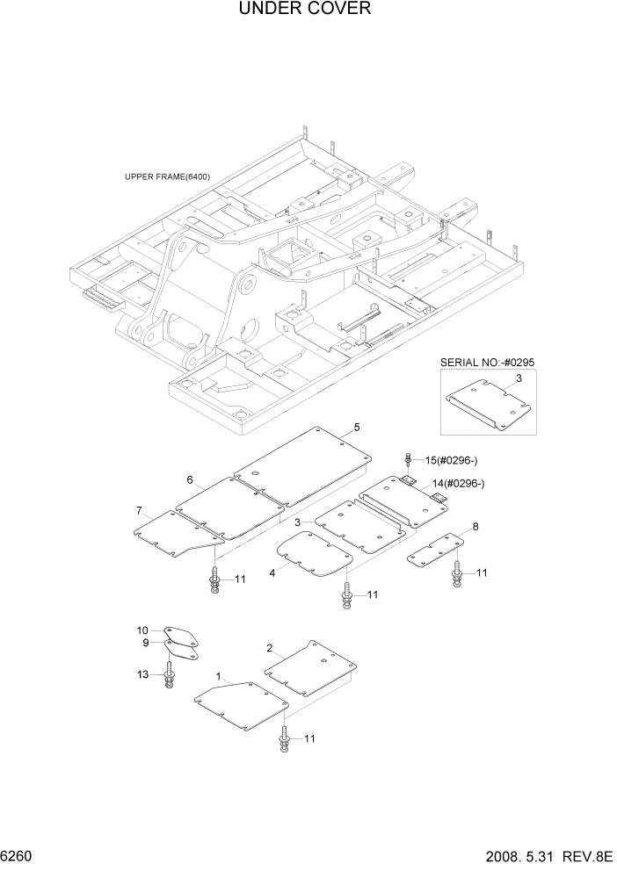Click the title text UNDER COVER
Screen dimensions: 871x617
pos(304,10)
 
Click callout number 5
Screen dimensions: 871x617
pos(357,428)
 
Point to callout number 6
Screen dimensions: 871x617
pos(190,479)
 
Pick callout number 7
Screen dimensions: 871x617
pos(139,511)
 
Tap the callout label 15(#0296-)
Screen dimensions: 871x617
pos(452,460)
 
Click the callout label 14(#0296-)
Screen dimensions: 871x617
pos(458,484)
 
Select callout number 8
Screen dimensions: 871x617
pos(475,528)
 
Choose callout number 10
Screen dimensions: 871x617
pos(143,630)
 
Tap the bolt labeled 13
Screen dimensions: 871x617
pos(169,678)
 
